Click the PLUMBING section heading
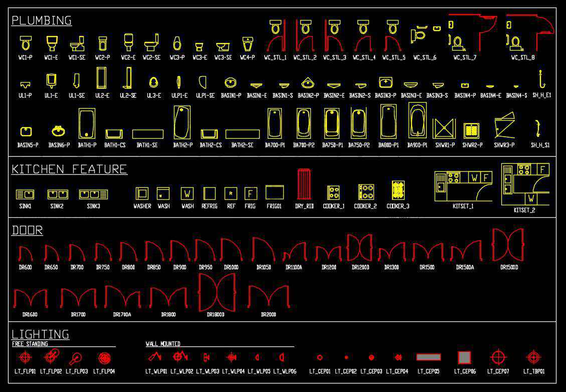pos(42,21)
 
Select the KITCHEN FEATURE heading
pos(69,169)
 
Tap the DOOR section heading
pos(27,230)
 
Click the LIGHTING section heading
pos(40,334)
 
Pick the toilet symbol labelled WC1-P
pos(26,43)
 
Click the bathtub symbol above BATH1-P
pos(87,123)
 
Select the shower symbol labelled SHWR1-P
pos(444,129)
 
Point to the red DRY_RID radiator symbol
pos(304,184)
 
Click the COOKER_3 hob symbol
pos(398,191)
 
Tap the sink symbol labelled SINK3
pos(93,194)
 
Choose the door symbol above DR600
pos(26,253)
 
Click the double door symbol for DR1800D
pos(217,292)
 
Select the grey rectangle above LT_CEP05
pos(429,357)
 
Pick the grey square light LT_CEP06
pos(464,357)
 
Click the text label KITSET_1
pos(463,206)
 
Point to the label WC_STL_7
pos(465,58)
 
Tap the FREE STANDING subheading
pos(30,344)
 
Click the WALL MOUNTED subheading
pos(163,344)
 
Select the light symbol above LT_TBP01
pos(533,357)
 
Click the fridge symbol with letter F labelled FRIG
pos(251,193)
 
